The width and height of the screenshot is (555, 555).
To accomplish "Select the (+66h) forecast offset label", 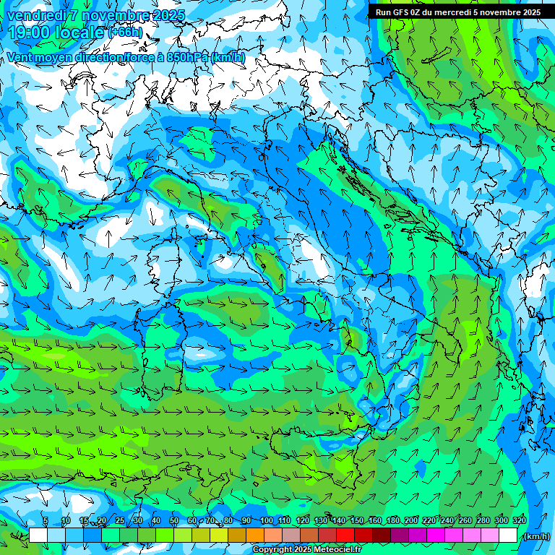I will [x=125, y=33].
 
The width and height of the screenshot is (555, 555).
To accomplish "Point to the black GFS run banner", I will [x=457, y=12].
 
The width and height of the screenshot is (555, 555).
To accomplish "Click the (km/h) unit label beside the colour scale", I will [x=535, y=536].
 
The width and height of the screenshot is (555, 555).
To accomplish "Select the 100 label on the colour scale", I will [x=267, y=520].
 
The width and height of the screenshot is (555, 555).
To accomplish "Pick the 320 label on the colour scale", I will [x=520, y=520].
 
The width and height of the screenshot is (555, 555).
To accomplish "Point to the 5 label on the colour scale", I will [x=46, y=520].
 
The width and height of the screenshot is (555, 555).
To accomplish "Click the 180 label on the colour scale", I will [x=393, y=520].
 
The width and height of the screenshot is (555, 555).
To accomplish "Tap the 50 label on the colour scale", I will [x=174, y=520].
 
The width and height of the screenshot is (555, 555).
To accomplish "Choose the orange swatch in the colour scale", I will [x=255, y=535].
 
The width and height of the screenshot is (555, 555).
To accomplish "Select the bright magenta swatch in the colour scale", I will [x=436, y=535].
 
